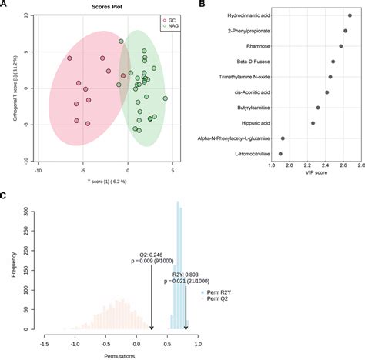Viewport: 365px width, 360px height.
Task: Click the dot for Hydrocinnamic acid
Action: coord(350,15)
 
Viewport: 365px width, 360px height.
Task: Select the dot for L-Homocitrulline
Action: coord(280,154)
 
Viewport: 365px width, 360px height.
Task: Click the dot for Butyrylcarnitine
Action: coord(318,108)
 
